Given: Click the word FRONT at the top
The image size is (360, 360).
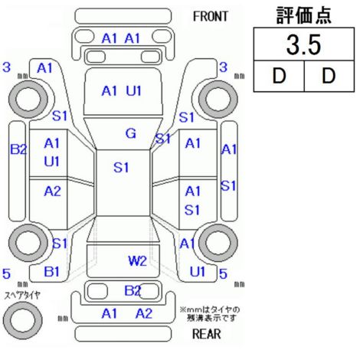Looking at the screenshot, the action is [x=210, y=17].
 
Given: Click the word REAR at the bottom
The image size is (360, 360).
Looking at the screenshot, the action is [x=206, y=333].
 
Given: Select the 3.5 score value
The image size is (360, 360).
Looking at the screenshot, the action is [x=303, y=44].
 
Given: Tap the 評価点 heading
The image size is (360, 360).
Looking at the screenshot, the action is [x=303, y=15].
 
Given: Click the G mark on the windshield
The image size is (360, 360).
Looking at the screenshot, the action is [x=131, y=133].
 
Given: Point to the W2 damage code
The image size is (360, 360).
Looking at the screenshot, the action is [x=137, y=260].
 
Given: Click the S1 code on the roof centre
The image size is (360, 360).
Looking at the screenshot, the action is [x=121, y=168].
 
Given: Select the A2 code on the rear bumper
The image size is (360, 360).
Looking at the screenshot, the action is [x=144, y=313].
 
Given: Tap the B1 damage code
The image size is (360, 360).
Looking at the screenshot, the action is [x=52, y=271].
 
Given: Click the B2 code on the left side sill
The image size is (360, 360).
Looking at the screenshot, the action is [x=18, y=149].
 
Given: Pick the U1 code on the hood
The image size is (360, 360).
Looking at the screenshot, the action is [x=134, y=91].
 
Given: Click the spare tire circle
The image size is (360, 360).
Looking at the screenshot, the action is [x=23, y=320].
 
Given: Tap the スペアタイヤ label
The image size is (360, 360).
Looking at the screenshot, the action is [x=22, y=296].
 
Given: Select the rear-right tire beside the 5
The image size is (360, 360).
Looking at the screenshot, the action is [x=218, y=243].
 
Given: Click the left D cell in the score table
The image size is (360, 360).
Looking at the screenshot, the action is [x=279, y=76].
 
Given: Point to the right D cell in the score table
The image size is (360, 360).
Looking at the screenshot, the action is [x=329, y=76].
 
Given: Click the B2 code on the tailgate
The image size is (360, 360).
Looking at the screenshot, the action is [x=133, y=290].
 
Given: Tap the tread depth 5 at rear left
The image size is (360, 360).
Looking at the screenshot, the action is [x=6, y=273].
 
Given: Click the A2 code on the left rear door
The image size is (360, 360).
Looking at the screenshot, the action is [x=52, y=191].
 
